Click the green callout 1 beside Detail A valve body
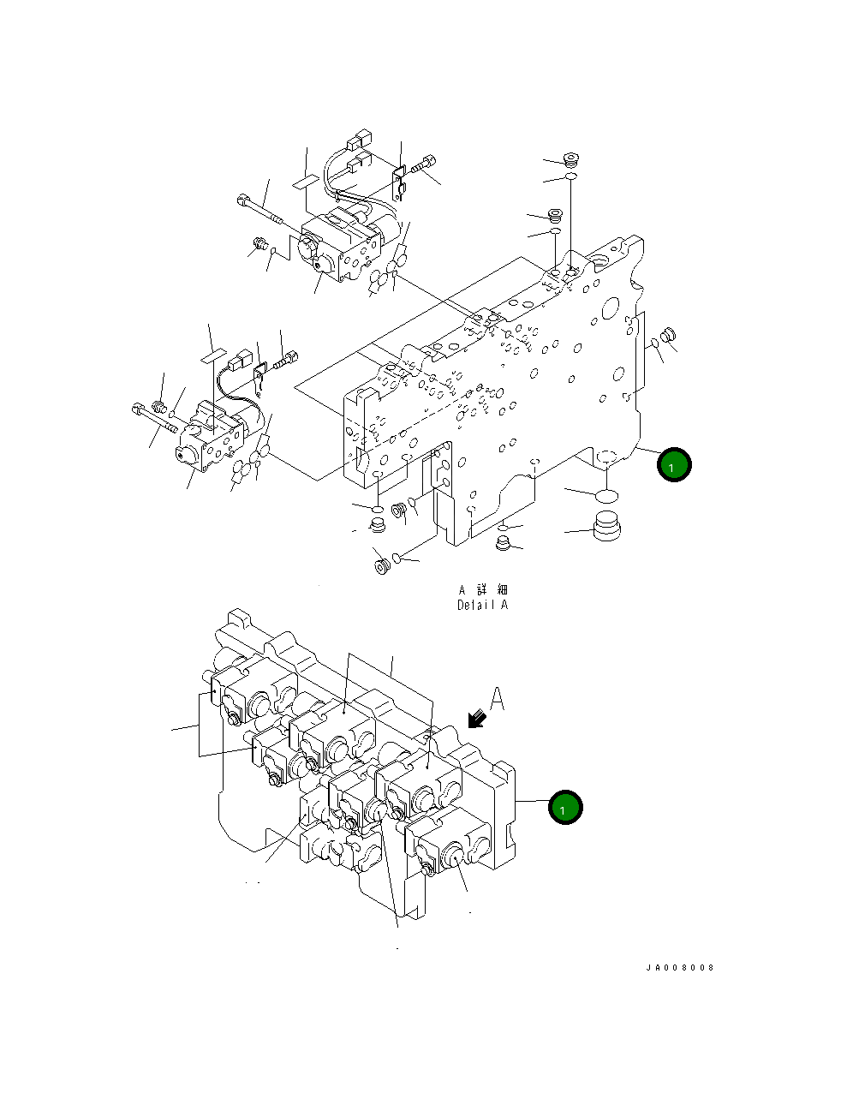(x=673, y=465)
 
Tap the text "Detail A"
(x=482, y=605)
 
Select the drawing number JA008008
(x=680, y=968)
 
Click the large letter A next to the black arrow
(x=497, y=699)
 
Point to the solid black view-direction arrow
(x=476, y=720)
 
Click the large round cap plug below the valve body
(x=606, y=523)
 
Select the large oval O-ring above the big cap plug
(x=605, y=494)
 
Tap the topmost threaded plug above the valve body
(x=572, y=158)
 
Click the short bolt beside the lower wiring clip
(x=288, y=359)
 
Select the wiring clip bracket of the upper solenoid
(x=398, y=182)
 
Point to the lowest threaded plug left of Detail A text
(x=381, y=565)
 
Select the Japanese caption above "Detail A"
(x=482, y=589)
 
